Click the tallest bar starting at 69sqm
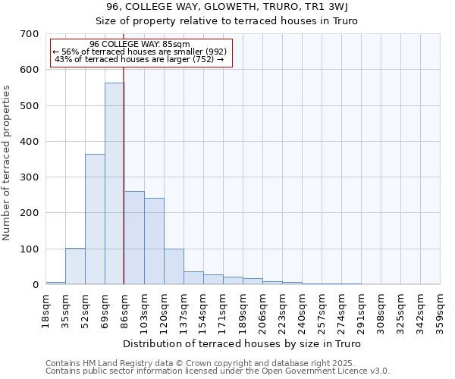pos(115,183)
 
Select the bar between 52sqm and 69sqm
pos(95,219)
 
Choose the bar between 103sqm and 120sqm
pos(154,241)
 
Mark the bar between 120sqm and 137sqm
pos(174,267)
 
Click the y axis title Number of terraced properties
pos(8,163)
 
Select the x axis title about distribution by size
pos(242,344)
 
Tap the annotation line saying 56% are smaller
pos(140,52)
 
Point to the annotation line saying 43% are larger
pos(140,60)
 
